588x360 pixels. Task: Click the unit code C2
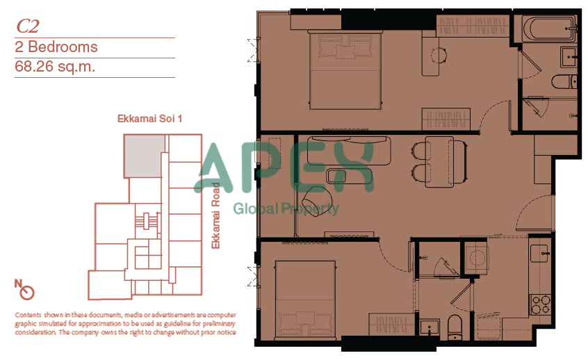click(x=27, y=26)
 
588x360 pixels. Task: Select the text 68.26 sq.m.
click(x=55, y=67)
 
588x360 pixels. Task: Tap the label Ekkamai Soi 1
click(x=149, y=119)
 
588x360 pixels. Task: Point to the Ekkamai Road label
click(x=215, y=215)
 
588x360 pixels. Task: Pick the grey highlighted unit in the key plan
click(x=144, y=156)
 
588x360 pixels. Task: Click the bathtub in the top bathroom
click(x=548, y=29)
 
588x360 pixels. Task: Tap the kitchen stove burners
click(x=540, y=304)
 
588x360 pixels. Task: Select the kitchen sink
click(x=539, y=254)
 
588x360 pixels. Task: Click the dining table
click(x=439, y=162)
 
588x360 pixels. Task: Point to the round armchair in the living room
click(x=316, y=200)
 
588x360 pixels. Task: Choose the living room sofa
click(x=349, y=150)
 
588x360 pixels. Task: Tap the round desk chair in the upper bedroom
click(x=439, y=56)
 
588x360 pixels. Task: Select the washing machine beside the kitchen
click(x=476, y=258)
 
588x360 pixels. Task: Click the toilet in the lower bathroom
click(x=455, y=326)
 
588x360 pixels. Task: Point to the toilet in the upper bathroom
click(x=564, y=81)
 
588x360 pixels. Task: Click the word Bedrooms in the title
click(x=63, y=47)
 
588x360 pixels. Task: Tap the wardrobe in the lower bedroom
click(x=392, y=324)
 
